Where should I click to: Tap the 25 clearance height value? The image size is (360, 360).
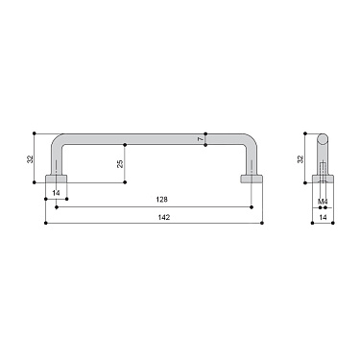point(120,163)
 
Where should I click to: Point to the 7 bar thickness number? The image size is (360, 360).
point(200,139)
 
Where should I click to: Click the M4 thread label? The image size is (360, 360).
point(324,201)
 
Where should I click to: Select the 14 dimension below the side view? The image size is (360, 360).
point(324,218)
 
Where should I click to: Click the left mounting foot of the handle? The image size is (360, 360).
point(59,181)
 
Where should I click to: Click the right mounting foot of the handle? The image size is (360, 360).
point(251,181)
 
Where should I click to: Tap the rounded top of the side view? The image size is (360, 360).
point(324,136)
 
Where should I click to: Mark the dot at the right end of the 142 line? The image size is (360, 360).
point(263,224)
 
